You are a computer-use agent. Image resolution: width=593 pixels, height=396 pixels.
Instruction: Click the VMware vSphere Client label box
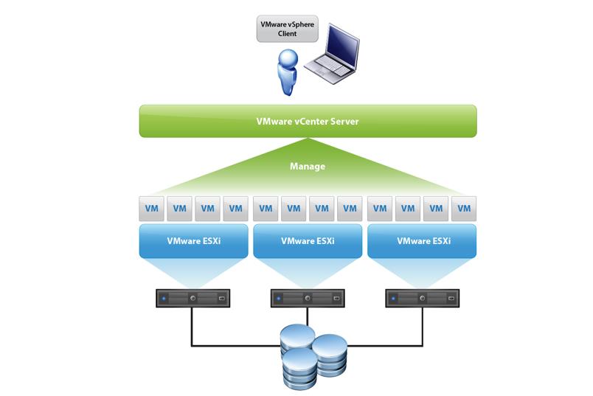point(284,29)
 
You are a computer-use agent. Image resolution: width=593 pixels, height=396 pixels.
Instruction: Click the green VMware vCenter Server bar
point(308,121)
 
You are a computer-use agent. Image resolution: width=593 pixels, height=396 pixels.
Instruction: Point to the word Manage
point(307,167)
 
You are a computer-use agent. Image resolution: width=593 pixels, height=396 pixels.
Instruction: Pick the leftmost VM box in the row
point(150,209)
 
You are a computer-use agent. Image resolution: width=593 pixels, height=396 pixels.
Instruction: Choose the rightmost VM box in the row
point(464,209)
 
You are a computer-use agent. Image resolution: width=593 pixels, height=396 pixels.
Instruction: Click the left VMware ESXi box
point(193,240)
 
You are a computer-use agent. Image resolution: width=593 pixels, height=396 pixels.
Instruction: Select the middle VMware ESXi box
point(308,240)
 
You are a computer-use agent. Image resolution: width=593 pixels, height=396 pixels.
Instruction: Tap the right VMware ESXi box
point(421,240)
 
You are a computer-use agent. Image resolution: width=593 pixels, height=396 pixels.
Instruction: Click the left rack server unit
point(193,299)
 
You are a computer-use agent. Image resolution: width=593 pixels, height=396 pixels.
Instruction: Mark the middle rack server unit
point(308,299)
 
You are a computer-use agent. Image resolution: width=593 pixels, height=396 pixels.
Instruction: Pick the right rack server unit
point(421,299)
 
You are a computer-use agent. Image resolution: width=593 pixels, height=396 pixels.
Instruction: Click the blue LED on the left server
point(165,299)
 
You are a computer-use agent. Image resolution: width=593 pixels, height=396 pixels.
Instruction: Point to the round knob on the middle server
point(308,299)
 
